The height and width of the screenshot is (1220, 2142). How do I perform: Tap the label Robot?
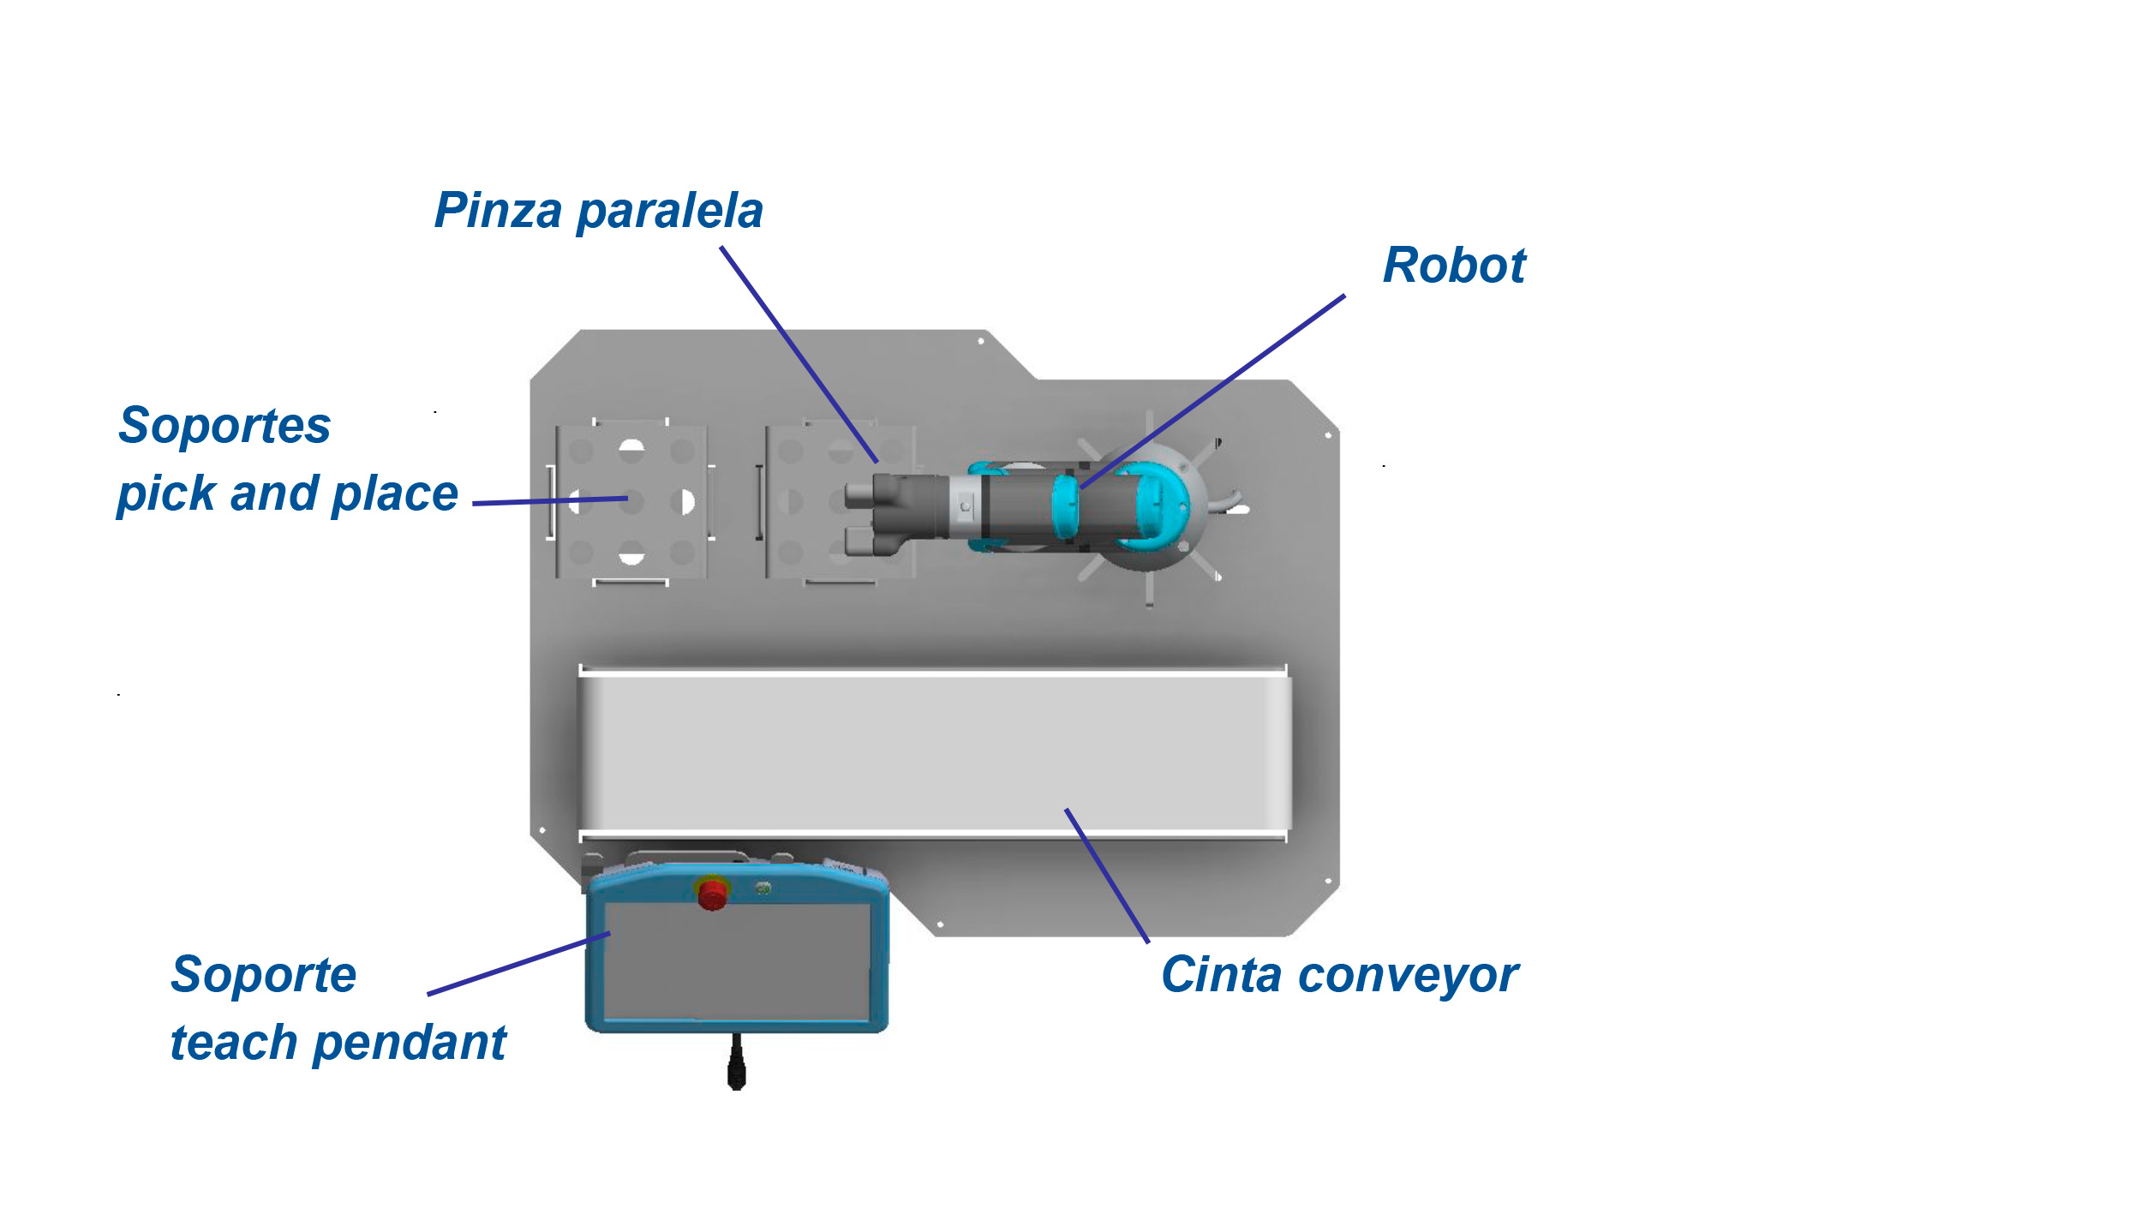[x=1454, y=266]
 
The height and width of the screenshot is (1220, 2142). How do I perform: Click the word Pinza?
[x=498, y=211]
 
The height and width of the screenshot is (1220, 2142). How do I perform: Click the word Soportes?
[x=224, y=426]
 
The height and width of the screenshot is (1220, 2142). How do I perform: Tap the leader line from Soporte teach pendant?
[x=518, y=964]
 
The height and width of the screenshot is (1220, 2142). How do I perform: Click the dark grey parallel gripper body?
[x=908, y=505]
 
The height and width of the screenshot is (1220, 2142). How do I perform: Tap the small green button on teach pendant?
[x=763, y=889]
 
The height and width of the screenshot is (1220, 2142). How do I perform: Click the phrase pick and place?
[x=288, y=494]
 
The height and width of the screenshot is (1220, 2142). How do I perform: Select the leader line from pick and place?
[x=548, y=501]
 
